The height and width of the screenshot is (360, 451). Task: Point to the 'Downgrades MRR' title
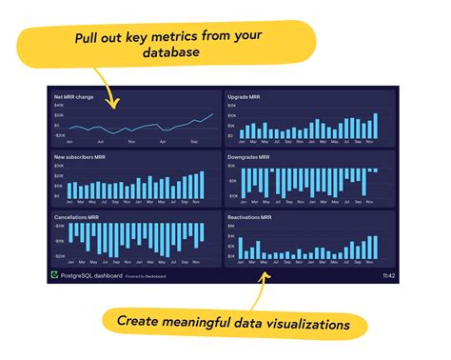(249, 156)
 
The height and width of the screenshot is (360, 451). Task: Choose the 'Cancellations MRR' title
(75, 216)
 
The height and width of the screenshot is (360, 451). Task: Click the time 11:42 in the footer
(388, 275)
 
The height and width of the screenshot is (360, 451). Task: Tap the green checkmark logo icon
(53, 275)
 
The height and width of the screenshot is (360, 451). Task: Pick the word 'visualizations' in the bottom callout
(302, 324)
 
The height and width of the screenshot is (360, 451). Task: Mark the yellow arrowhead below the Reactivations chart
(265, 276)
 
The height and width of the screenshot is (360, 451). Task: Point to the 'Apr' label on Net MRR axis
(163, 141)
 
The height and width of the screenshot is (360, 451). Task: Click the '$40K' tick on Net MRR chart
(57, 107)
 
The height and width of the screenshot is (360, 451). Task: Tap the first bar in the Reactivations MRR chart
(242, 248)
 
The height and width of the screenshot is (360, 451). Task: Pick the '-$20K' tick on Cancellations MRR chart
(59, 256)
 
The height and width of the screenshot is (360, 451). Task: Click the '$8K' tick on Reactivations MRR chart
(231, 226)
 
